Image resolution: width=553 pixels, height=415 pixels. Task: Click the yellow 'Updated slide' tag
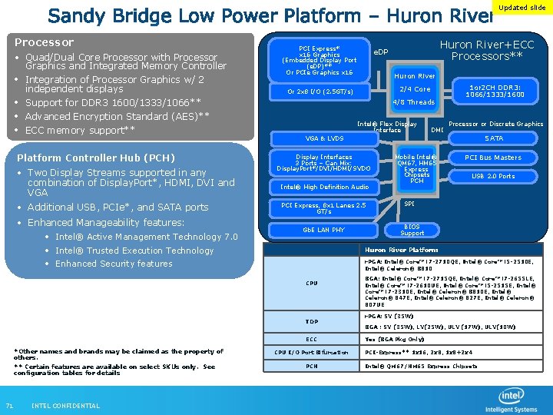point(522,8)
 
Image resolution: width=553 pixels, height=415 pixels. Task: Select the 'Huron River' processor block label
point(415,76)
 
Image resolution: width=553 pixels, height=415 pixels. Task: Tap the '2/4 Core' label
point(416,89)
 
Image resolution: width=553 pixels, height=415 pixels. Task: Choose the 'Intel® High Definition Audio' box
point(324,187)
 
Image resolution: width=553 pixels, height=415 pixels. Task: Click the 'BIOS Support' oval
point(412,230)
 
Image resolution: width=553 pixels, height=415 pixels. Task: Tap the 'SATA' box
point(494,138)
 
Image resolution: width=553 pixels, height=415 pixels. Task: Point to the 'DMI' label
point(436,131)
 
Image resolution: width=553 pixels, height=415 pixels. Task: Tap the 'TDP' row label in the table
point(311,321)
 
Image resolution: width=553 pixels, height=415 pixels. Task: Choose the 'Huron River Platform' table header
point(401,250)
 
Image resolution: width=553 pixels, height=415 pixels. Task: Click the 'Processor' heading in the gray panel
point(45,42)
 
